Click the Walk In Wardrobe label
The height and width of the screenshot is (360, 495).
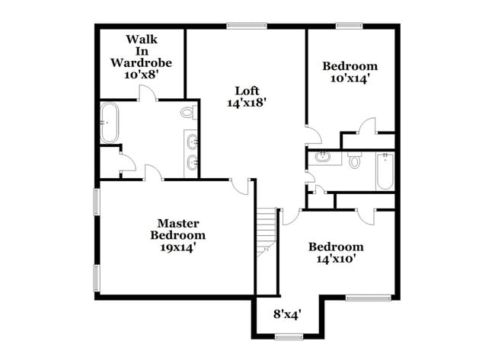[142, 50]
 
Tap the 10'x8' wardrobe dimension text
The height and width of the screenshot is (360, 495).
[142, 75]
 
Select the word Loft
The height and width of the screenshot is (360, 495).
[245, 88]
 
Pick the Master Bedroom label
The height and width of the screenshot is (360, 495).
[177, 229]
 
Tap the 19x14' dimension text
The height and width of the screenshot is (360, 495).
[177, 247]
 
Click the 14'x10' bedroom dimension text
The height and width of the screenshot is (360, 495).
[335, 259]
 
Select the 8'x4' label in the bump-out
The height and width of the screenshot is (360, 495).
[289, 313]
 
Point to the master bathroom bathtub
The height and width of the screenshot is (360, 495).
[109, 123]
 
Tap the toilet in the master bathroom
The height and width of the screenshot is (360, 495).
[188, 113]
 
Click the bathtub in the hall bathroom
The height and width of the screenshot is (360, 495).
[385, 172]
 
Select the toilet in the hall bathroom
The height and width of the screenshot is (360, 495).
[354, 161]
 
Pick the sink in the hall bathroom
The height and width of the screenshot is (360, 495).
[324, 158]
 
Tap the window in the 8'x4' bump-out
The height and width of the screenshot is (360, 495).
[289, 336]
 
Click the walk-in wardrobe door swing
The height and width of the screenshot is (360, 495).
[147, 93]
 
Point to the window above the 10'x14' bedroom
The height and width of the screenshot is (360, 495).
[350, 26]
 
